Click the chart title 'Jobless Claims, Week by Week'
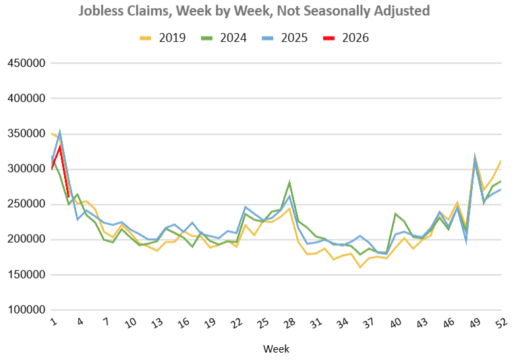tap(254, 11)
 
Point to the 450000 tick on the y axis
tap(26, 63)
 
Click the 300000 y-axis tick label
tap(26, 169)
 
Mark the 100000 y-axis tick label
tap(26, 309)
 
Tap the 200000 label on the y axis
tap(26, 239)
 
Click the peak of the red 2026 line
tap(60, 146)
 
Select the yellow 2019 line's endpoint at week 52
tap(501, 160)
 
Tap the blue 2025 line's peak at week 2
tap(60, 132)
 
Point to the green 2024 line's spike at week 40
tap(395, 214)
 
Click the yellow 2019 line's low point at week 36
tap(360, 267)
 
